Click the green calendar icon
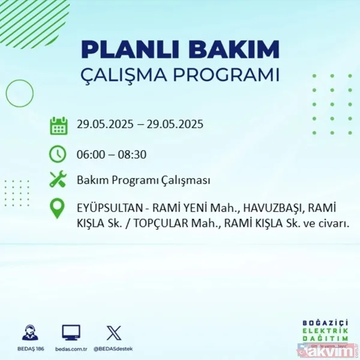pyautogui.click(x=58, y=125)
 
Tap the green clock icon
pyautogui.click(x=58, y=154)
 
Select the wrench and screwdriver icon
pyautogui.click(x=58, y=180)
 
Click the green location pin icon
pyautogui.click(x=58, y=209)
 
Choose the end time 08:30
pyautogui.click(x=132, y=155)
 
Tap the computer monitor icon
pyautogui.click(x=71, y=332)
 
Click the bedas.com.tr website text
pyautogui.click(x=71, y=348)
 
